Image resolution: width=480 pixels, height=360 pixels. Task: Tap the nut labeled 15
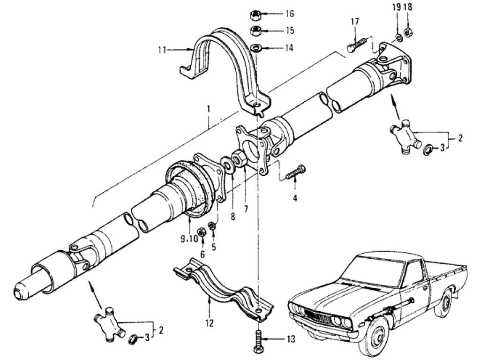point(256,31)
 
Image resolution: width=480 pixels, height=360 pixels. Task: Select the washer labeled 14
point(256,48)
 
